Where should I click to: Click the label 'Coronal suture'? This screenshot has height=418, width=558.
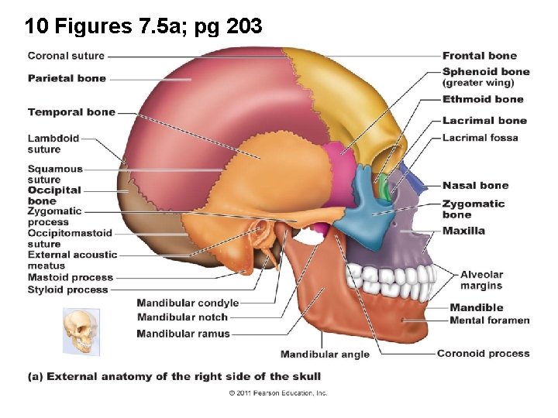point(66,56)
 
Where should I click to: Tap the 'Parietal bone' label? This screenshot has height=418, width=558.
point(67,78)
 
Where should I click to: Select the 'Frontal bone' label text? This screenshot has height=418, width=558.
point(479,56)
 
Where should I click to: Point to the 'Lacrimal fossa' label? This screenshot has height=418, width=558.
point(480,138)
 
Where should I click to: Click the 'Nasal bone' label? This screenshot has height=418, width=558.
point(475,186)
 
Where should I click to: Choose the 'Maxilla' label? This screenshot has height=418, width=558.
point(463,231)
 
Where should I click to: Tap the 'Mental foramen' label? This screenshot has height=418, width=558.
point(490,320)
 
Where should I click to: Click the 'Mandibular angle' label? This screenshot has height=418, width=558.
point(325,355)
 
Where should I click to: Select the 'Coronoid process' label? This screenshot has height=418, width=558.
point(483,354)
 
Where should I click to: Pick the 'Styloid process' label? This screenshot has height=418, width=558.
point(68,290)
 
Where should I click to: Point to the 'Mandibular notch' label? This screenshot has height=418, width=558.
point(182,317)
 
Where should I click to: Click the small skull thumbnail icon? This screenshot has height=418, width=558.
point(81,331)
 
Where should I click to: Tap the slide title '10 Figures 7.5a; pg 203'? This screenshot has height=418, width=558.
point(143,27)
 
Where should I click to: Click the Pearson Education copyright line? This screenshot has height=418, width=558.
point(278,393)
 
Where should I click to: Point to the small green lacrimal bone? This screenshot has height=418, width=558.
point(384,186)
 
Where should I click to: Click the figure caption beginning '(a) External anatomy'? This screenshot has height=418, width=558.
point(174,376)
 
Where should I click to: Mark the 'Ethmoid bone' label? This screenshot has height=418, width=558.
point(483,99)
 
